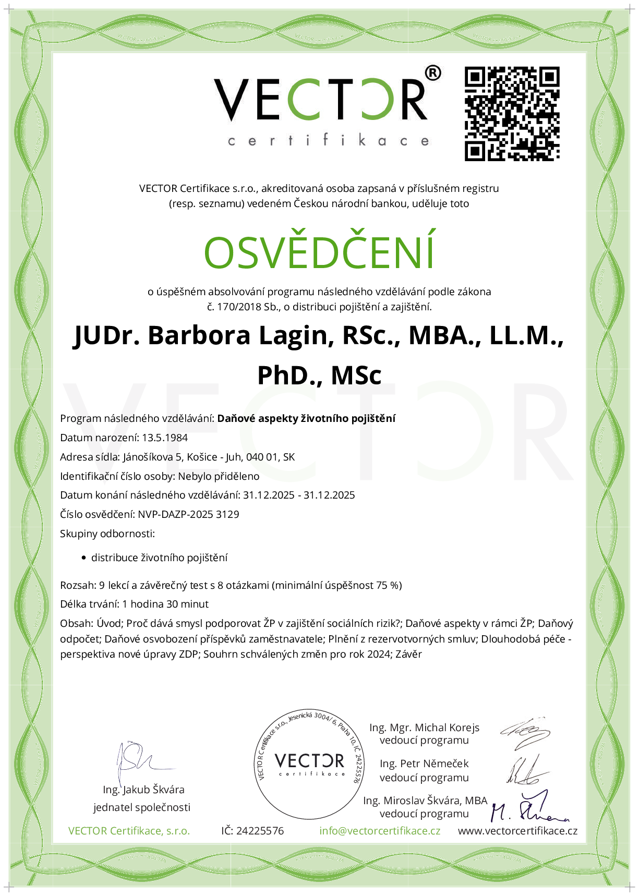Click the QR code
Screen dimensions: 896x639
pos(512,113)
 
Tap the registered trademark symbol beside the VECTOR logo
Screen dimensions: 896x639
pos(432,74)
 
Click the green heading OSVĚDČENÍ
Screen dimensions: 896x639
pos(319,253)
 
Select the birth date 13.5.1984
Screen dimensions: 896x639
pos(165,438)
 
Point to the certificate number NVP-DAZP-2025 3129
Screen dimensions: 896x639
pos(188,515)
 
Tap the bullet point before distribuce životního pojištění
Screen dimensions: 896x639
pos(83,558)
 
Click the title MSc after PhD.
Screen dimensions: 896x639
pos(356,376)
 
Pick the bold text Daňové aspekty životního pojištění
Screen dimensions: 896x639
pos(306,418)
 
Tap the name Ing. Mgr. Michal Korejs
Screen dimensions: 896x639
pos(424,728)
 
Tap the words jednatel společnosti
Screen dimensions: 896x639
pos(142,808)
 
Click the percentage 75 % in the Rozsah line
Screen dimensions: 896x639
pos(388,586)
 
